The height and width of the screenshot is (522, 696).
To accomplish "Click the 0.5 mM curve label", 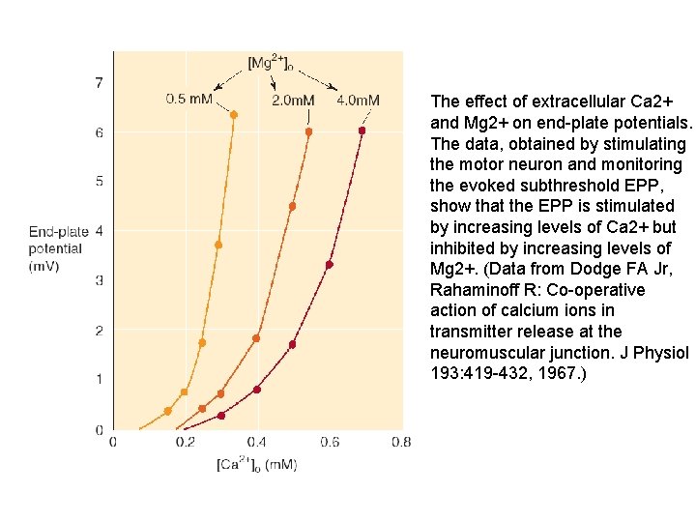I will (x=189, y=99).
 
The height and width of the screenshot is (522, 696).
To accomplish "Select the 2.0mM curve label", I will (x=293, y=101).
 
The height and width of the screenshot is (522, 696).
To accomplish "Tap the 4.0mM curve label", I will (x=358, y=101).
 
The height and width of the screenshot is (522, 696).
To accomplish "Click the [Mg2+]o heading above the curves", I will (x=272, y=63).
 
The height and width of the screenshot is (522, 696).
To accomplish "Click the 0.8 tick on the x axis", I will (x=401, y=443).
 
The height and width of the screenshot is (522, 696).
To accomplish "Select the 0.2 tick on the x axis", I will (x=185, y=443).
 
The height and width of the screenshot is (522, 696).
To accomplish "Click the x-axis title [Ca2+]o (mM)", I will (x=256, y=465).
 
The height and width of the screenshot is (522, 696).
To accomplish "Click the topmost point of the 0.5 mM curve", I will (x=234, y=115).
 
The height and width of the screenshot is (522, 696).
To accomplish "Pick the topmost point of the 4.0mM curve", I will (x=362, y=130).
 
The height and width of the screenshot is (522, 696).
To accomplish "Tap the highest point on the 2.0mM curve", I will (x=309, y=131).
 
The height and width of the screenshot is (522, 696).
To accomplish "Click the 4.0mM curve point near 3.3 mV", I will (x=330, y=264).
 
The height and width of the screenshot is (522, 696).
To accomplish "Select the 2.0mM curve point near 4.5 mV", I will (x=292, y=206).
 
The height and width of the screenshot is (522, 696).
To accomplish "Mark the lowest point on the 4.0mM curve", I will (x=221, y=416).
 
